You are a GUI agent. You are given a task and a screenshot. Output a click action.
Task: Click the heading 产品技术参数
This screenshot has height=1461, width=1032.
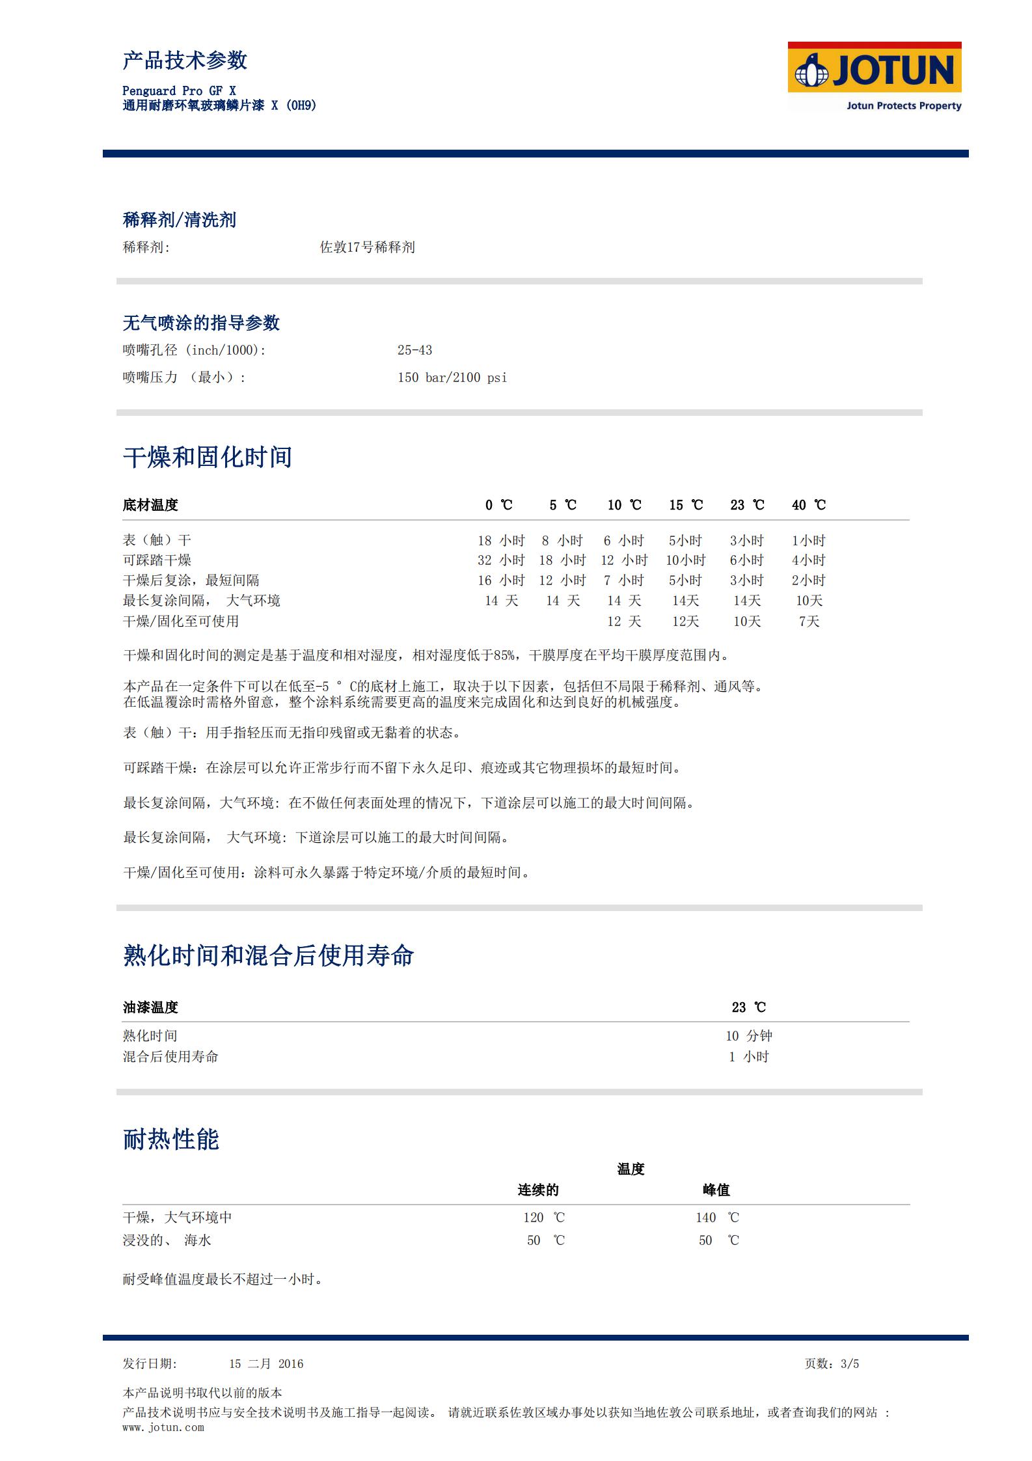(185, 61)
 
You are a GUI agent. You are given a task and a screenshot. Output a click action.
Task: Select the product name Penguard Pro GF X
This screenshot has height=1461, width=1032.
(179, 91)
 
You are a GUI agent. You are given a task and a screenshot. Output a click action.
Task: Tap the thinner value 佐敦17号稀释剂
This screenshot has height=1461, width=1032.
(367, 247)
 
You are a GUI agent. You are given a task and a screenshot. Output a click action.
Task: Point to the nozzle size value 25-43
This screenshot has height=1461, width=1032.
(414, 350)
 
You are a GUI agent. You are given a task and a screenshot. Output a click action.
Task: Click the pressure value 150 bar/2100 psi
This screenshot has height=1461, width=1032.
(452, 377)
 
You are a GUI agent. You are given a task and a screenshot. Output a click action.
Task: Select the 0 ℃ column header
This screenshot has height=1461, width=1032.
(498, 505)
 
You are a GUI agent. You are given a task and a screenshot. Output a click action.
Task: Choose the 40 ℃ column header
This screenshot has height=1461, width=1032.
(808, 505)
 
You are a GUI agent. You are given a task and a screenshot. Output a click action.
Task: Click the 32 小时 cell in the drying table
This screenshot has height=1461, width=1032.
(500, 560)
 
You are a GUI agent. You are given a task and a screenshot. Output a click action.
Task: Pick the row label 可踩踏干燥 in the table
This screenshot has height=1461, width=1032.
(157, 560)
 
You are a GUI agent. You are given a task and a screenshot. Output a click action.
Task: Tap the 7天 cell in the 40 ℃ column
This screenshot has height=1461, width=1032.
(809, 621)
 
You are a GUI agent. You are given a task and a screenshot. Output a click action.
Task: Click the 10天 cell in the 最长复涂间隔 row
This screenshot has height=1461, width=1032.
(809, 601)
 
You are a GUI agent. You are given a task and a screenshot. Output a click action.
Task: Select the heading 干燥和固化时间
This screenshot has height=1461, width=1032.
(207, 457)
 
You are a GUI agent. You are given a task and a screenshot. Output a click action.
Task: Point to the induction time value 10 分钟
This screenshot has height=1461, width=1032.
(748, 1035)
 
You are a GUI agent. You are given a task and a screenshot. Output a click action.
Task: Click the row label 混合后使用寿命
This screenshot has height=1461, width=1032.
(170, 1056)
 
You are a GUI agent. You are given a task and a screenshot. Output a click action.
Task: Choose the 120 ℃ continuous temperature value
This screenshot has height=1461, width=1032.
(544, 1218)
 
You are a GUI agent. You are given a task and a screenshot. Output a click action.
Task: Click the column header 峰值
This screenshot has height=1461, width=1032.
(716, 1190)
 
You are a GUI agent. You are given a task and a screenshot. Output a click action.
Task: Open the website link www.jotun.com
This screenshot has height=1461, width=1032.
(163, 1427)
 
